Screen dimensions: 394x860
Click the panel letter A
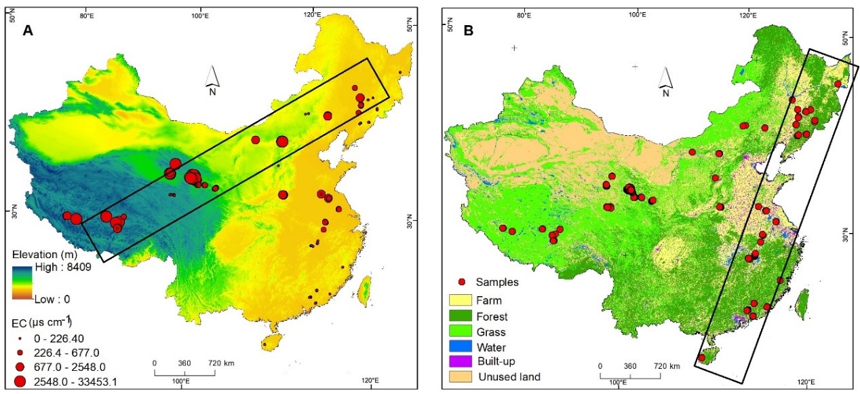point(28,30)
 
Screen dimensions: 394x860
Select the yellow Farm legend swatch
point(461,299)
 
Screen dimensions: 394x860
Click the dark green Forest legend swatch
point(461,316)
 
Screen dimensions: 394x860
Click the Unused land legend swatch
point(461,376)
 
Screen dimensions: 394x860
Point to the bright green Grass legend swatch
point(461,332)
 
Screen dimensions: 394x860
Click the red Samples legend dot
point(463,282)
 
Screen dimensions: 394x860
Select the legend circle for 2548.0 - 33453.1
point(21,381)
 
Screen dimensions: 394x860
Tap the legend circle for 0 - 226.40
point(21,338)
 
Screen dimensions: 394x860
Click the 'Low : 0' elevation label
point(53,300)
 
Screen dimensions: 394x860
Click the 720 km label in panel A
point(218,363)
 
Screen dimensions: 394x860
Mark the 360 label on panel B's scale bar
point(630,366)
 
